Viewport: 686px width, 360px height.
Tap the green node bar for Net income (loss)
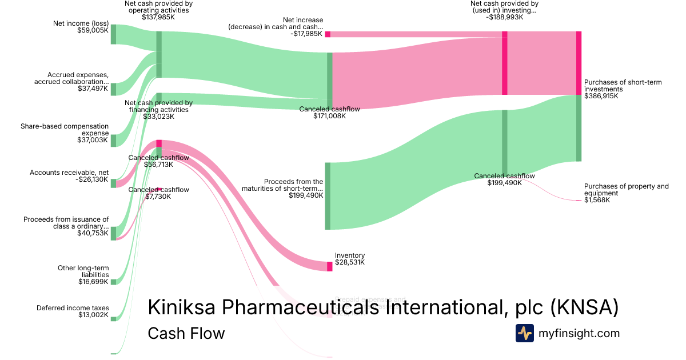pyautogui.click(x=113, y=34)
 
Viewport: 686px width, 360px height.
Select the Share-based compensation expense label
pyautogui.click(x=64, y=133)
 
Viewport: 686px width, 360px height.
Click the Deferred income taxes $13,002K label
pyautogui.click(x=73, y=311)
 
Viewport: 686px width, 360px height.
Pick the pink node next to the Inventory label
pyautogui.click(x=329, y=266)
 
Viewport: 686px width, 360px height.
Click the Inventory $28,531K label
pyautogui.click(x=350, y=259)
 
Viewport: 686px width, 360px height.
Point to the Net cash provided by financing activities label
pyautogui.click(x=158, y=106)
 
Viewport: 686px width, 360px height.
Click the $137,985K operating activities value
pyautogui.click(x=158, y=17)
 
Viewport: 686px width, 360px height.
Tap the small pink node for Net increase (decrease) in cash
pyautogui.click(x=328, y=34)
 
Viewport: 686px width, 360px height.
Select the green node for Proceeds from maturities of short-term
pyautogui.click(x=328, y=196)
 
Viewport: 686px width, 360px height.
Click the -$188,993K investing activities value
pyautogui.click(x=505, y=17)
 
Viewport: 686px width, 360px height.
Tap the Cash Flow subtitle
pyautogui.click(x=186, y=333)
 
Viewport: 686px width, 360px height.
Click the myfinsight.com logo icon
pyautogui.click(x=524, y=333)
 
